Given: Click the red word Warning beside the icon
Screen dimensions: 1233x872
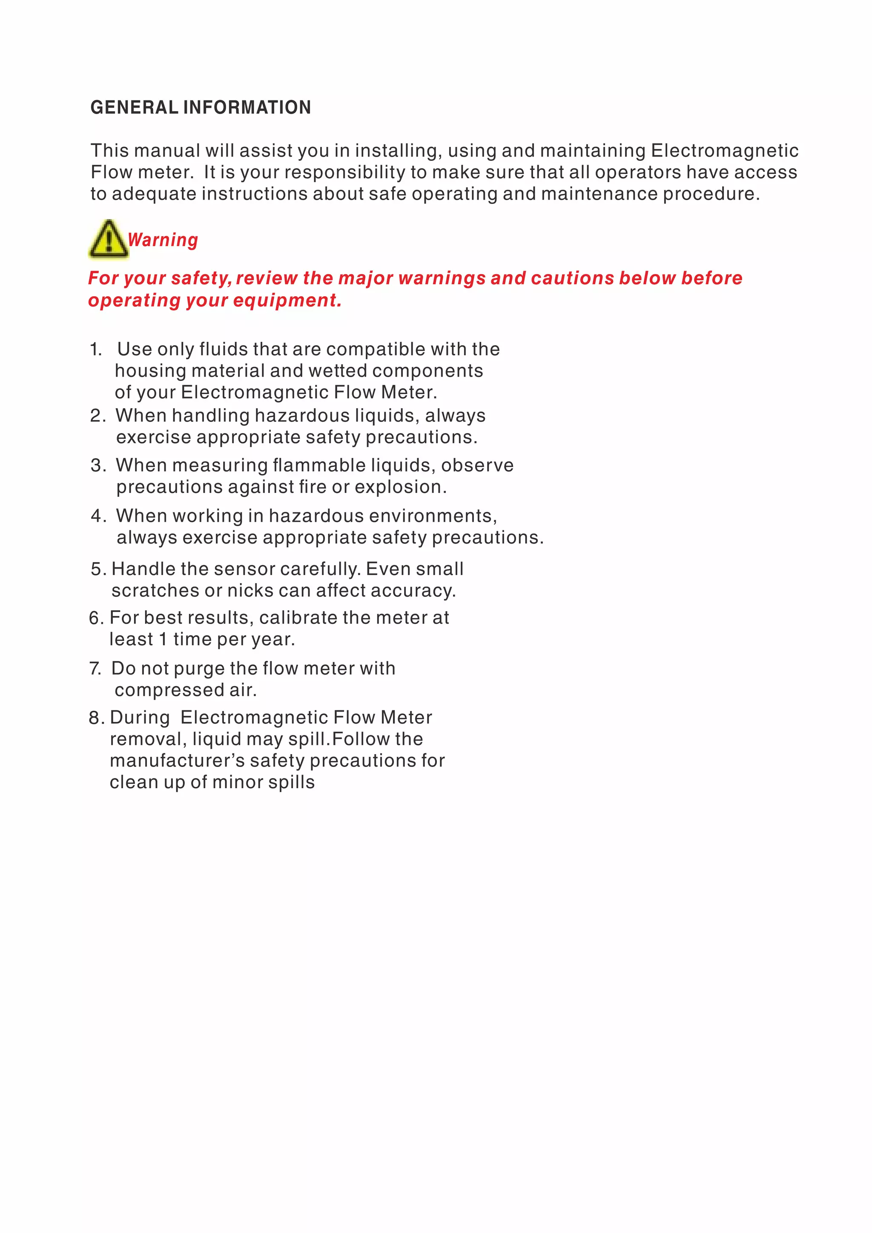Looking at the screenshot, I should click(163, 240).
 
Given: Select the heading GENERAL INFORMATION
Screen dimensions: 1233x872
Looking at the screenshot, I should click(201, 107).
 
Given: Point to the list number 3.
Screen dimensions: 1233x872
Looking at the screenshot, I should click(97, 465).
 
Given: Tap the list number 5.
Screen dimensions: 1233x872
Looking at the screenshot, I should click(97, 569).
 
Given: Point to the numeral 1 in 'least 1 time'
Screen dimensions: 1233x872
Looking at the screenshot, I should click(163, 640).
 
